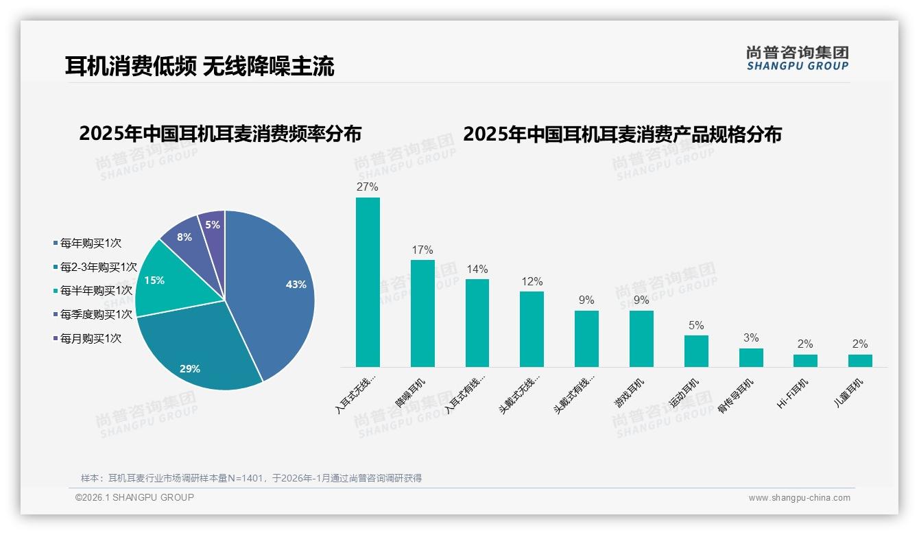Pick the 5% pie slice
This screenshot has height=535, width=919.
click(x=213, y=226)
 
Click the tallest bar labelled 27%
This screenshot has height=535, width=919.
click(x=368, y=282)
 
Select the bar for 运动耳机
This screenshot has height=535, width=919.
click(x=696, y=350)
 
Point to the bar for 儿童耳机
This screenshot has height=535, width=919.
click(x=860, y=360)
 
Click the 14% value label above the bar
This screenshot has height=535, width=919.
click(x=477, y=269)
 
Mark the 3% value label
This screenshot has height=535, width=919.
click(x=751, y=337)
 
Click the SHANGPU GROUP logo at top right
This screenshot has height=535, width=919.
click(x=797, y=58)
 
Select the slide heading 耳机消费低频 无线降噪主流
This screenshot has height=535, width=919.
click(x=200, y=66)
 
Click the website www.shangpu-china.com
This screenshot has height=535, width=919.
click(x=799, y=498)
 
